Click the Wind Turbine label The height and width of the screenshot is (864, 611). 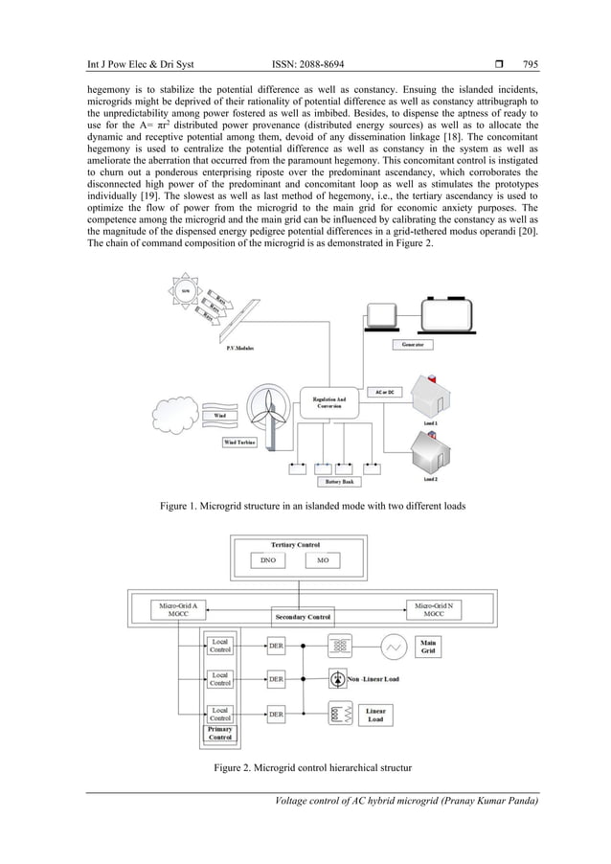238,442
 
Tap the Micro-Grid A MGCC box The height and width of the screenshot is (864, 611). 176,609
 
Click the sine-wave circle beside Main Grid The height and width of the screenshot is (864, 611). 390,648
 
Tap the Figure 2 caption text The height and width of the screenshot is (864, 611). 305,769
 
